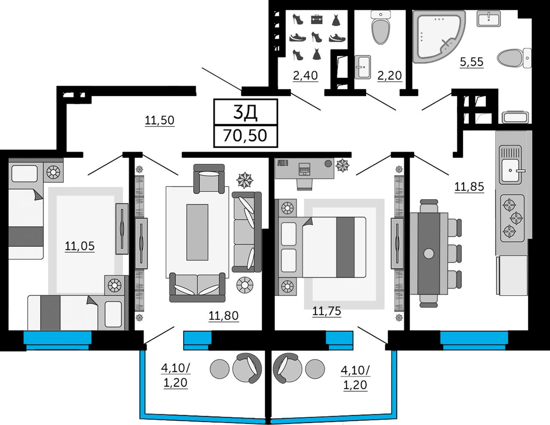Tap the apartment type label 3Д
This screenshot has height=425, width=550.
245,112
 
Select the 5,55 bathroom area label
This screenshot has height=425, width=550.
471,62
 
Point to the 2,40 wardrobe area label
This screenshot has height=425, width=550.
305,76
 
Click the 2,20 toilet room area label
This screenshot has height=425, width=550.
390,76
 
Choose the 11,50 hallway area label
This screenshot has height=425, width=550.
159,120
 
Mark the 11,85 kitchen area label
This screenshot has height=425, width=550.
469,187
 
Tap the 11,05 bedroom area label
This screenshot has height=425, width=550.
80,246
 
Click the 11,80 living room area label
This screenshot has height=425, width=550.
223,316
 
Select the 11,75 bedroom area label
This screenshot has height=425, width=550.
327,311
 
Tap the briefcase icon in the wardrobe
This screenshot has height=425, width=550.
317,19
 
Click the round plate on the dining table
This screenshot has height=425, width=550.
428,253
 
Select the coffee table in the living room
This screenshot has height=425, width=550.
197,232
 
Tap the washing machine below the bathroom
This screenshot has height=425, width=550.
515,117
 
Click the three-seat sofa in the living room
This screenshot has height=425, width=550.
247,232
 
